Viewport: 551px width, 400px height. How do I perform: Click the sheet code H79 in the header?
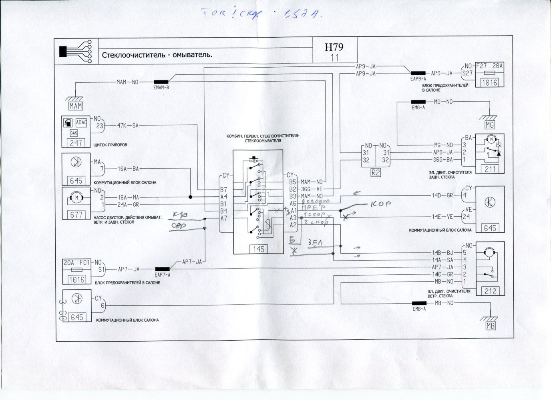click(334, 47)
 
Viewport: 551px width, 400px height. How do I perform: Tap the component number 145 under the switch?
click(259, 249)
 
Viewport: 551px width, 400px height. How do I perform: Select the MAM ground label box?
click(75, 106)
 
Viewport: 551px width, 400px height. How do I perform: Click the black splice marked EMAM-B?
click(161, 82)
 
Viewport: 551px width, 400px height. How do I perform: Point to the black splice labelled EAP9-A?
click(419, 73)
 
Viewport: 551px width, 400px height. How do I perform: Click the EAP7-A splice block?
click(162, 269)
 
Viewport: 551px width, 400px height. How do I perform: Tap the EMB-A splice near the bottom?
click(419, 303)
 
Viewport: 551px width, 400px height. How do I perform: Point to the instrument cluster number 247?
click(76, 143)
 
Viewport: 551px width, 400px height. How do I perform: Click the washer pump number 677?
click(76, 214)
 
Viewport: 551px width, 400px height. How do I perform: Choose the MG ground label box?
click(490, 125)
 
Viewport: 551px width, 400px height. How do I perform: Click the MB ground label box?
click(490, 326)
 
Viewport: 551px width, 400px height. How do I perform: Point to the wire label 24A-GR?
click(129, 204)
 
